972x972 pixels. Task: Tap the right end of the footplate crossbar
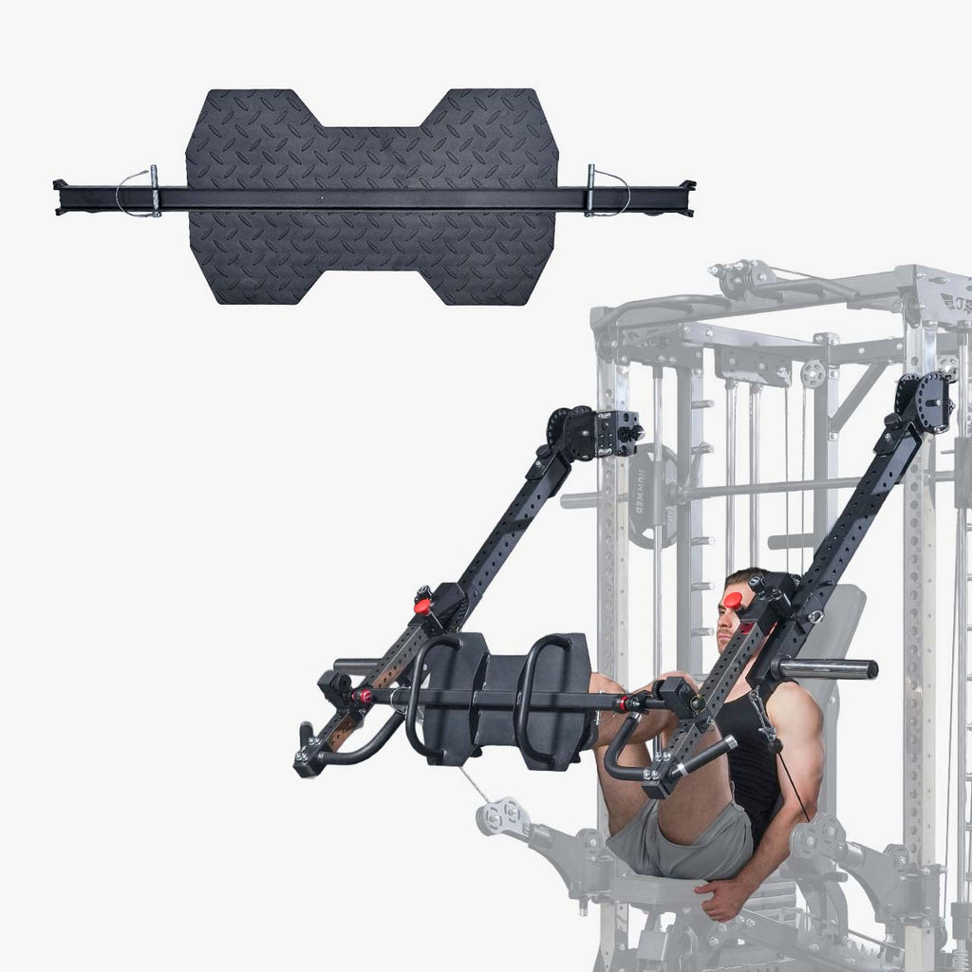[x=687, y=196]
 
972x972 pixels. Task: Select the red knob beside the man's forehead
[x=736, y=598]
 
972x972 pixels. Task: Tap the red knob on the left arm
[x=422, y=606]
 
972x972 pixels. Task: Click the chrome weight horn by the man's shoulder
[x=826, y=669]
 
